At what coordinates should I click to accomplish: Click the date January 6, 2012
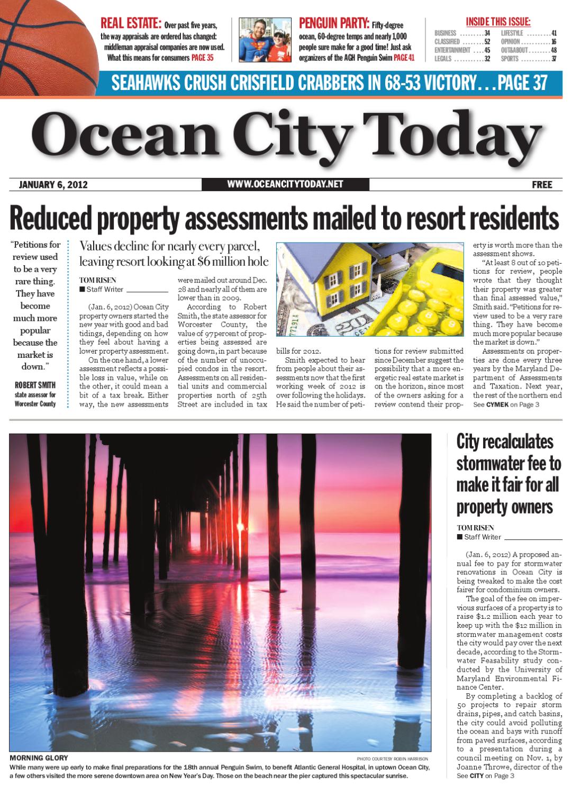pyautogui.click(x=53, y=185)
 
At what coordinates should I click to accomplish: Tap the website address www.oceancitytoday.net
pyautogui.click(x=285, y=184)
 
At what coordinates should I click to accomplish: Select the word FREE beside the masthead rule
pyautogui.click(x=542, y=185)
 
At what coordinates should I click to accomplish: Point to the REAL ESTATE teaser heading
pyautogui.click(x=131, y=23)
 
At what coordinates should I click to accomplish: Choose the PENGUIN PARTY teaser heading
pyautogui.click(x=334, y=23)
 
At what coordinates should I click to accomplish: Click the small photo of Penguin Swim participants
pyautogui.click(x=265, y=40)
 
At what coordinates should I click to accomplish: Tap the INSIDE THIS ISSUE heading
pyautogui.click(x=498, y=22)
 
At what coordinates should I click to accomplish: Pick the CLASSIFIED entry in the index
pyautogui.click(x=447, y=42)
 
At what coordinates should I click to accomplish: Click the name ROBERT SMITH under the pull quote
pyautogui.click(x=35, y=385)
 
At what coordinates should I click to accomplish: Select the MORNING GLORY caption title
pyautogui.click(x=39, y=758)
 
